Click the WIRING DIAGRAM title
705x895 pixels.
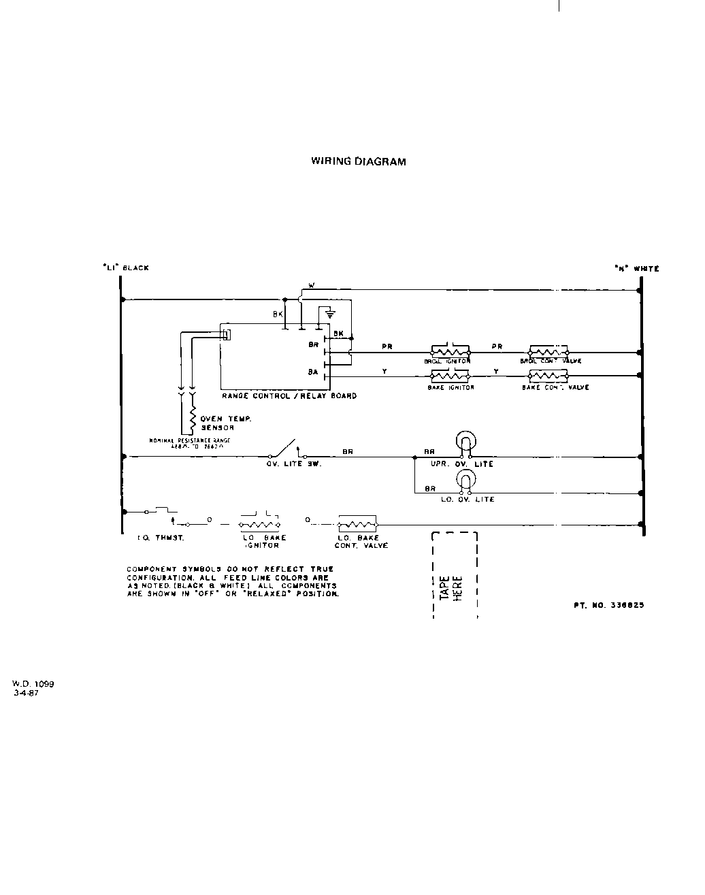[358, 162]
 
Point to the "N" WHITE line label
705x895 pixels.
[636, 269]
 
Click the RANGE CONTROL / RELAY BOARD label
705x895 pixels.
[289, 395]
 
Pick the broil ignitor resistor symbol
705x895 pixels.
[450, 352]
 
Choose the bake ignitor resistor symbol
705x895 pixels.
[450, 375]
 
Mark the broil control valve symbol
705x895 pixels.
[548, 352]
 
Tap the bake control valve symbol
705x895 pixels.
[548, 375]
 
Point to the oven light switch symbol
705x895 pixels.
[284, 449]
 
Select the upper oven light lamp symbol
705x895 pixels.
[465, 442]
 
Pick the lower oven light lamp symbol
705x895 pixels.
[465, 481]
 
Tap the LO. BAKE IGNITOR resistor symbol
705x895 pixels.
[259, 524]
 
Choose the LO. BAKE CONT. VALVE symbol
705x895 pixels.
[357, 524]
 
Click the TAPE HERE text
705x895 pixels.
[452, 587]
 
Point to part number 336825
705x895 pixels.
[608, 604]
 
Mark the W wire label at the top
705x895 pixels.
[312, 284]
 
